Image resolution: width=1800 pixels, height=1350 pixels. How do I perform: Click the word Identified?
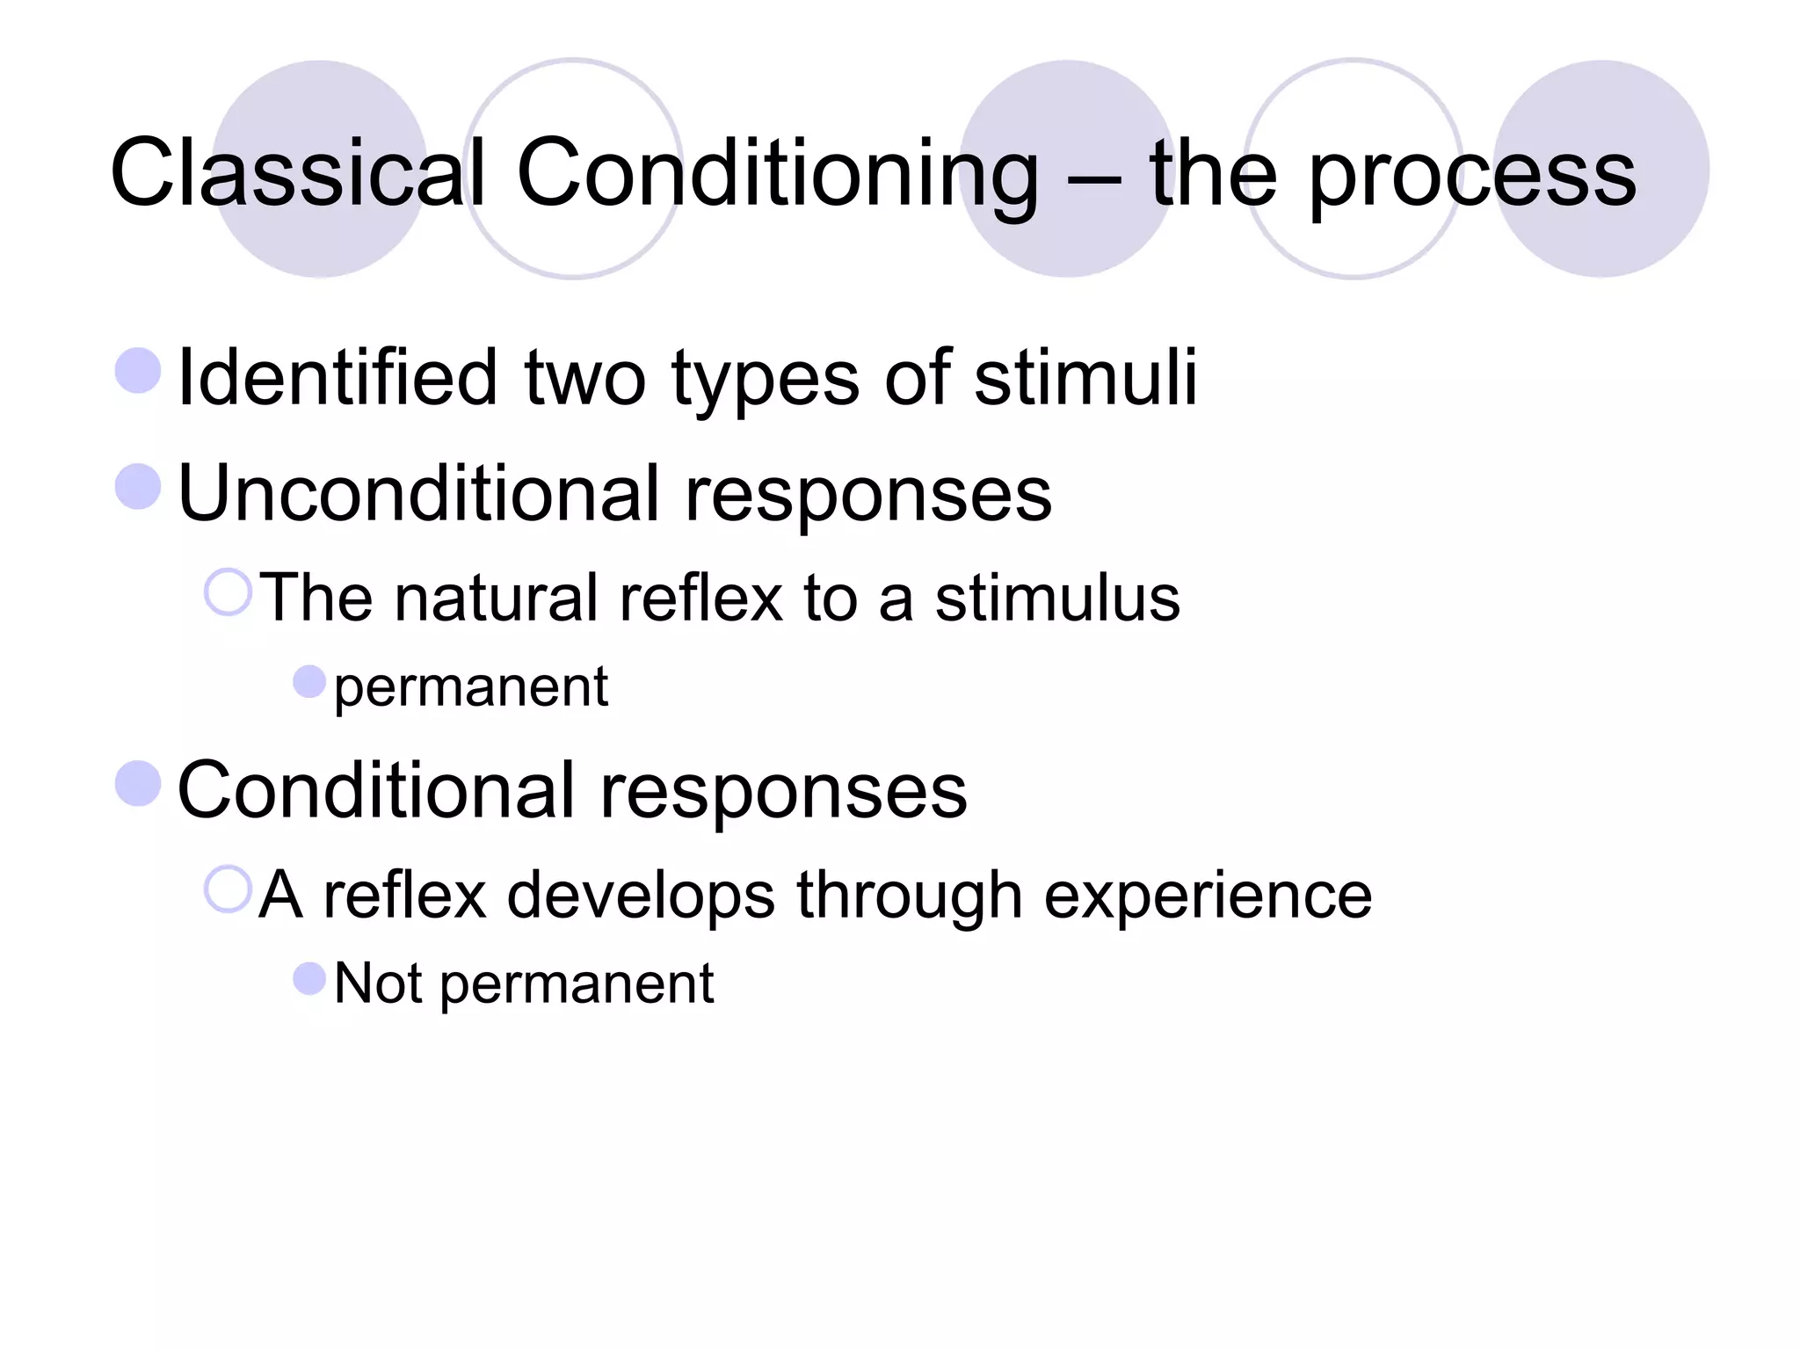tap(338, 378)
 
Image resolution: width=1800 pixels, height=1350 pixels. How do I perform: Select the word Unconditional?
tap(417, 494)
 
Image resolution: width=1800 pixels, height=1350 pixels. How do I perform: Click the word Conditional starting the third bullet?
tap(375, 791)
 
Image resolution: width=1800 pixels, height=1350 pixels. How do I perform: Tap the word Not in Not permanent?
tap(378, 983)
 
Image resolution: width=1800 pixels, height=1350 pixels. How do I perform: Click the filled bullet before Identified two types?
tap(138, 370)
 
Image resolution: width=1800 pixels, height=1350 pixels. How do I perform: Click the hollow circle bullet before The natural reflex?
tap(228, 592)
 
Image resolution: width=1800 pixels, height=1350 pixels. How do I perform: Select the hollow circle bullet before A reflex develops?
tap(228, 889)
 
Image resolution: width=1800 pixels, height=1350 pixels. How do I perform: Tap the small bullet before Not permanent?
tap(309, 977)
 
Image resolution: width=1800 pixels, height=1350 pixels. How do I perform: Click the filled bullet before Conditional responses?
tap(138, 783)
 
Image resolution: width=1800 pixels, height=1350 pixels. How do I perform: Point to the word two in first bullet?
tap(584, 378)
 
